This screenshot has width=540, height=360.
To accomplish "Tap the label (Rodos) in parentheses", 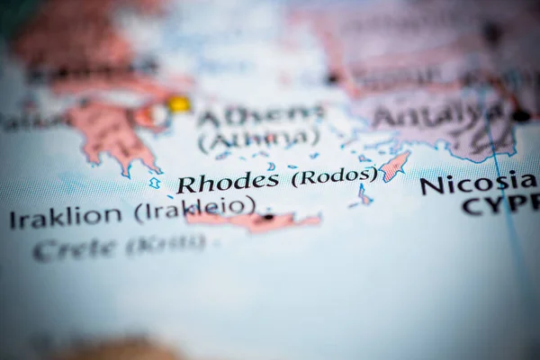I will [333, 176].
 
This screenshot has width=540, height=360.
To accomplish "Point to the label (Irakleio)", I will [194, 207].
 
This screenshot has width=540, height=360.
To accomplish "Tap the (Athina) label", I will [258, 139].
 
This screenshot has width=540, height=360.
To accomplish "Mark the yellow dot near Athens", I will [179, 104].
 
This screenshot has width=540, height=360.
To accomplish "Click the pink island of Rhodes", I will [393, 166].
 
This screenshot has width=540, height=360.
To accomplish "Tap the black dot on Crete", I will [267, 217].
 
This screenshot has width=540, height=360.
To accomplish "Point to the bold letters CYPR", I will [500, 205].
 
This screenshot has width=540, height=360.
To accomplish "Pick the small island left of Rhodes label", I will [155, 184].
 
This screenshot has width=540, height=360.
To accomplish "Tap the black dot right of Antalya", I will [521, 115].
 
